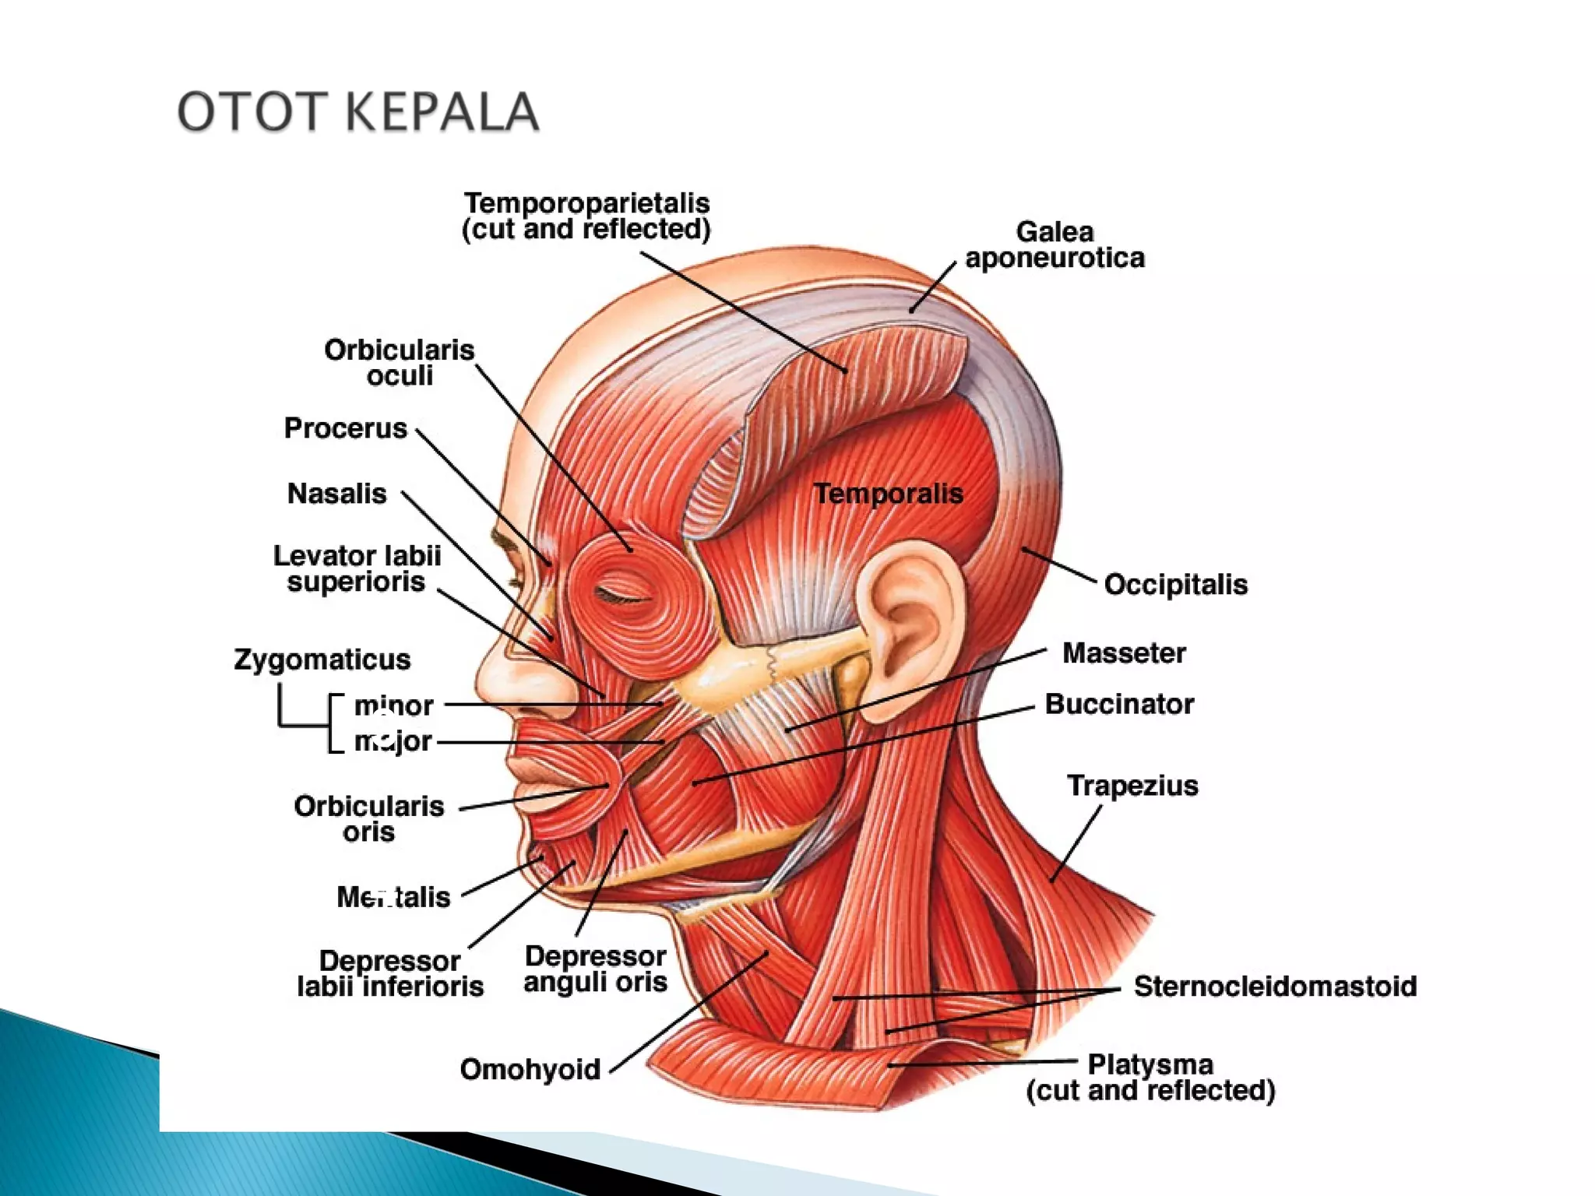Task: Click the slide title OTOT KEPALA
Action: pos(358,111)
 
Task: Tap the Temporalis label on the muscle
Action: pos(889,494)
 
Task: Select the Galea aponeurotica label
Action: pos(1055,244)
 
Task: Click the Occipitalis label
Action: pos(1176,584)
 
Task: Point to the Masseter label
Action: pos(1124,653)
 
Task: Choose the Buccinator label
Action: pos(1119,704)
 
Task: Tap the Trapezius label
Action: pos(1132,786)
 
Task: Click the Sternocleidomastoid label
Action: pos(1275,987)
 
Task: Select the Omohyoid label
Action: pos(530,1070)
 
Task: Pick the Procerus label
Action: pos(346,428)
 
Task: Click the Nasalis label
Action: pos(337,494)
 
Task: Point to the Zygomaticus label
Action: pos(322,660)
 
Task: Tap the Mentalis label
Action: pos(393,897)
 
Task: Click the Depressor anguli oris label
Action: pos(596,969)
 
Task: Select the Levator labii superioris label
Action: pos(357,569)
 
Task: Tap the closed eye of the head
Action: pos(623,596)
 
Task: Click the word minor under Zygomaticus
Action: pos(394,705)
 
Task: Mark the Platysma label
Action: pos(1151,1078)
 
